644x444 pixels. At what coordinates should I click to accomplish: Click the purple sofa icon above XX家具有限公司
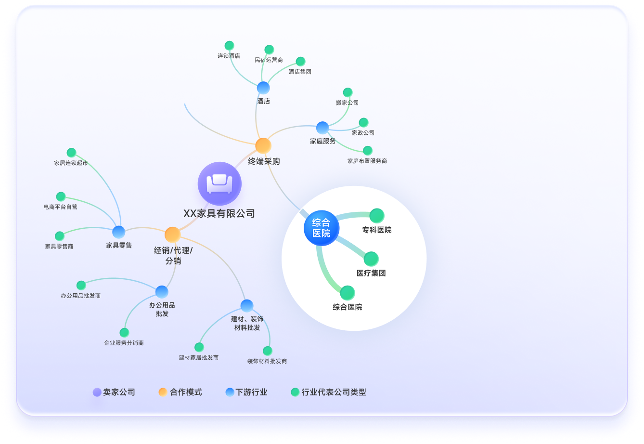(219, 183)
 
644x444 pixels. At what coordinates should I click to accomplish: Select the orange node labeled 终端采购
(263, 146)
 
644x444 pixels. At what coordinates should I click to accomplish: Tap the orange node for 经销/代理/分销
(172, 235)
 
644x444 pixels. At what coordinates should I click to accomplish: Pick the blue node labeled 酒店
(263, 88)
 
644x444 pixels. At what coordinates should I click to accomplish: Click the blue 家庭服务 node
(322, 128)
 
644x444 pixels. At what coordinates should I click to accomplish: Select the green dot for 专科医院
(376, 216)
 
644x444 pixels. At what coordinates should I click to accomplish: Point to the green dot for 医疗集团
(371, 259)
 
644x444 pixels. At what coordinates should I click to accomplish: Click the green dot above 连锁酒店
(229, 46)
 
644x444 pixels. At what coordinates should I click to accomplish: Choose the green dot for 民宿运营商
(269, 50)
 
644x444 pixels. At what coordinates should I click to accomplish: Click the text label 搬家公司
(347, 103)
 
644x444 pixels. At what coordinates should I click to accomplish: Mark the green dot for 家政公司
(363, 123)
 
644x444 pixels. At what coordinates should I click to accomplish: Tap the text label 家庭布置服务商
(367, 161)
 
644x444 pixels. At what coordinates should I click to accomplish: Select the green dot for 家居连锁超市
(71, 153)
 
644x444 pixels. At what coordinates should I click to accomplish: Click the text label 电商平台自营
(60, 207)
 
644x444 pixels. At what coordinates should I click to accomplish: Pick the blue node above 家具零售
(118, 232)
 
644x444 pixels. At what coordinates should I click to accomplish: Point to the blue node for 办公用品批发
(162, 292)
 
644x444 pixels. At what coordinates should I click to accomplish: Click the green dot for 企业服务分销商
(124, 332)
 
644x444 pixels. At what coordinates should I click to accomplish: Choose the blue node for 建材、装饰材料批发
(247, 306)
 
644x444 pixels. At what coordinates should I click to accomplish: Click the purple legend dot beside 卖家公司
(97, 392)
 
